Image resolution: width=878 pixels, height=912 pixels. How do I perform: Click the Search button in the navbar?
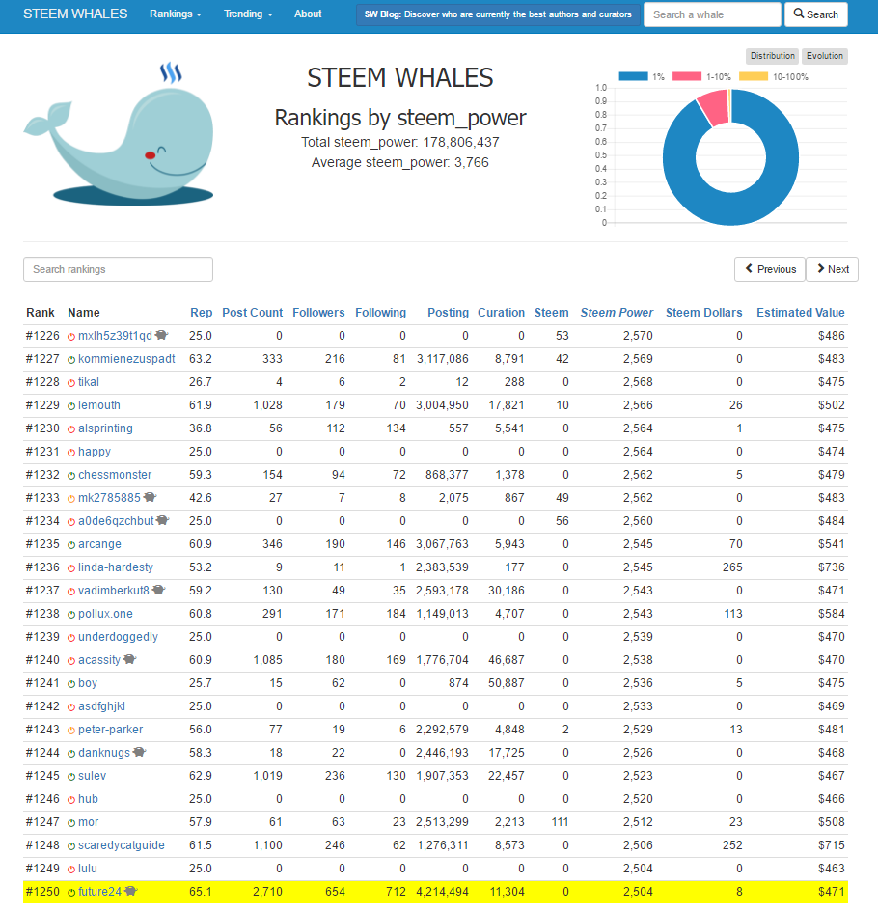tap(815, 14)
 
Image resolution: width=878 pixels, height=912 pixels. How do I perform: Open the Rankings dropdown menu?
tap(176, 14)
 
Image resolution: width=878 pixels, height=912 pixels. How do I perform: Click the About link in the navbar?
tap(308, 14)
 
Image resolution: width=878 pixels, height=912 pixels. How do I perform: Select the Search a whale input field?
tap(711, 14)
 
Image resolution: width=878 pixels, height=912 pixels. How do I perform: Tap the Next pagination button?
tap(831, 269)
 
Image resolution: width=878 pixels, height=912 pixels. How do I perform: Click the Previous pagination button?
tap(769, 269)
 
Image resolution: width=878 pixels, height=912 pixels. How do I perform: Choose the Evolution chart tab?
tap(825, 56)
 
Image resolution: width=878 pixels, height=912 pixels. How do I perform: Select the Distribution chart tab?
tap(773, 56)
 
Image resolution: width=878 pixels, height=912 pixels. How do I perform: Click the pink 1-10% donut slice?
tap(713, 106)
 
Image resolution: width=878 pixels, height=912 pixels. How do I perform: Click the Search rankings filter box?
tap(118, 269)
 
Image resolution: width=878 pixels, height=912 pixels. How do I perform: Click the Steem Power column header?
tap(617, 313)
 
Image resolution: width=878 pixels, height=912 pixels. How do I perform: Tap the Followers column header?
tap(318, 313)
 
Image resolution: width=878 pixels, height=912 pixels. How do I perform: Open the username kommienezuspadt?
tap(126, 359)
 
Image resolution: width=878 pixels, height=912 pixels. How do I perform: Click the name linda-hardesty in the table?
tap(116, 567)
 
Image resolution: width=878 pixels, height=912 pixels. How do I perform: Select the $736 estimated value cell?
tap(830, 567)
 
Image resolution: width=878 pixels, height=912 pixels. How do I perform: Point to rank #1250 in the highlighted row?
tap(42, 892)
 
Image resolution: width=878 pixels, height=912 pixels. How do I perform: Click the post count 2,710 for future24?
tap(266, 892)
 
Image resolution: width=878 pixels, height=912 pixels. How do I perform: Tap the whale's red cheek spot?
tap(150, 154)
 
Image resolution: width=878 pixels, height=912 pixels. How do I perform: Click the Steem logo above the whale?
tap(172, 74)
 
